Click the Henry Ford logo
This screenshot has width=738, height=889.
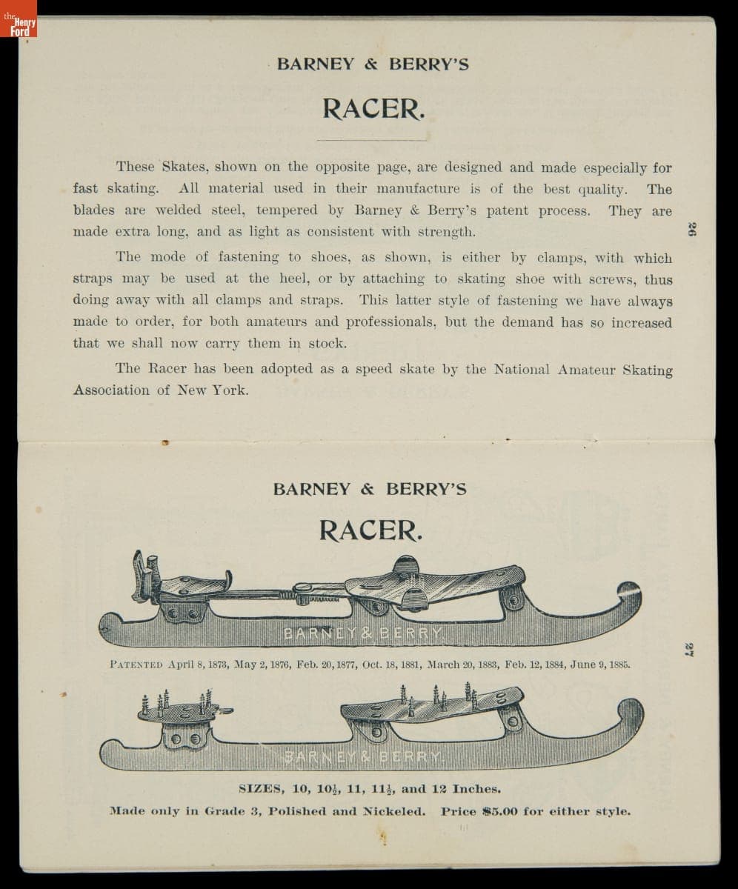[x=19, y=26]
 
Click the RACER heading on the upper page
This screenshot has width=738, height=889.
[x=373, y=109]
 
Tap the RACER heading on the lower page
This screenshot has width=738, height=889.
[x=370, y=530]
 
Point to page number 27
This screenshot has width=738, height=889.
[x=688, y=650]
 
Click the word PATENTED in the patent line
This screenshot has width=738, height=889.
[x=136, y=665]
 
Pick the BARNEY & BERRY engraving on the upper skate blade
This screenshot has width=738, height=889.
[x=363, y=633]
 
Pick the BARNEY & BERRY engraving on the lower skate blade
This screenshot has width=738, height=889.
[x=363, y=756]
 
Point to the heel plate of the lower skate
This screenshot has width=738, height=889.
[x=178, y=712]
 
